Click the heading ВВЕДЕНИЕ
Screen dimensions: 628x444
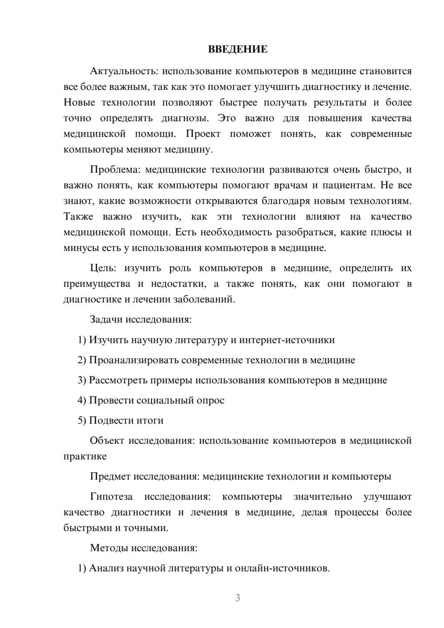238,49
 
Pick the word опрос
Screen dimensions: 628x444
211,400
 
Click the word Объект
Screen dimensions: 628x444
107,441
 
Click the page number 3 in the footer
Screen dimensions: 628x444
238,598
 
